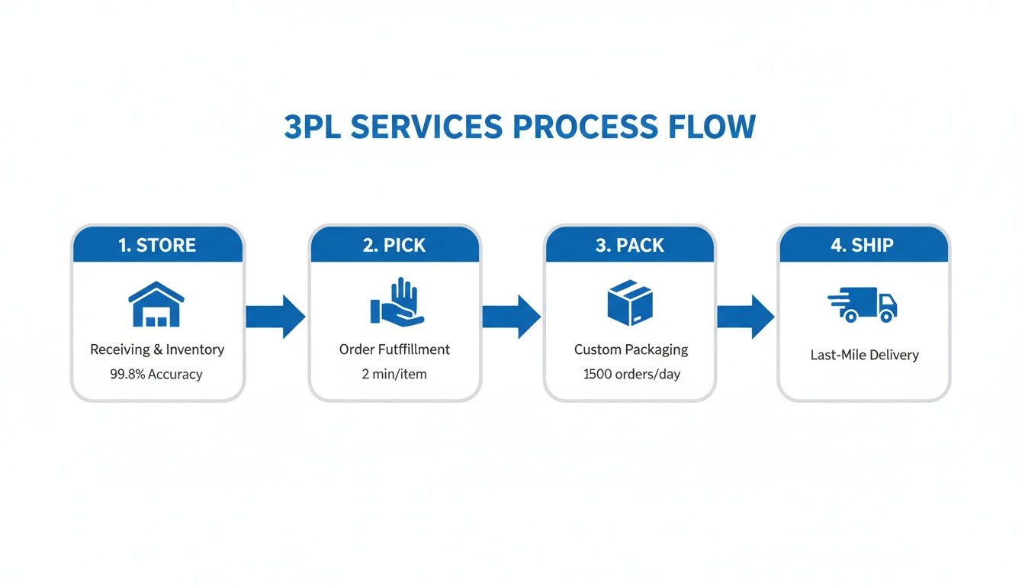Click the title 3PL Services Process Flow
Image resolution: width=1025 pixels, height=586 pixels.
[x=519, y=127]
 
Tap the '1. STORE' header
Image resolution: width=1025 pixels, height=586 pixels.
[x=158, y=245]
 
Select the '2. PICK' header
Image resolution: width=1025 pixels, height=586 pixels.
[x=394, y=245]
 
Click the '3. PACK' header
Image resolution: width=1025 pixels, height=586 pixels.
[x=630, y=245]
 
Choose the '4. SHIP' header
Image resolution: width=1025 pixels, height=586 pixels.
[x=863, y=245]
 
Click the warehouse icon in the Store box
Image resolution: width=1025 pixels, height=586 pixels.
[x=156, y=304]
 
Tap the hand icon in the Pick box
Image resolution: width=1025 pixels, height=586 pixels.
[x=396, y=303]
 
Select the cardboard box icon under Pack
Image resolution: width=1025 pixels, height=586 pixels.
[x=630, y=303]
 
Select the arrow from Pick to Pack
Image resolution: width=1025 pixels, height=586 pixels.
[x=512, y=316]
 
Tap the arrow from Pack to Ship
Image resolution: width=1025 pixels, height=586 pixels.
[x=746, y=316]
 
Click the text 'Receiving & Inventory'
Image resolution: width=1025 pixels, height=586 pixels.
[x=157, y=349]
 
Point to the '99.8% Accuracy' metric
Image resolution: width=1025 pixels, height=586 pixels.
[x=157, y=374]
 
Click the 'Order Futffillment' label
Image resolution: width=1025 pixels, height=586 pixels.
[x=394, y=349]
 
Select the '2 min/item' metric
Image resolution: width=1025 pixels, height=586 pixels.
[x=394, y=374]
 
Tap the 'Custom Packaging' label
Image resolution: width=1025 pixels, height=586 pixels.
[x=631, y=349]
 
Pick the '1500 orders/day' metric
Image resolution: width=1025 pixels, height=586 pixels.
[x=631, y=374]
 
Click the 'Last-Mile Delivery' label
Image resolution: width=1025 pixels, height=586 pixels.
[x=864, y=355]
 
